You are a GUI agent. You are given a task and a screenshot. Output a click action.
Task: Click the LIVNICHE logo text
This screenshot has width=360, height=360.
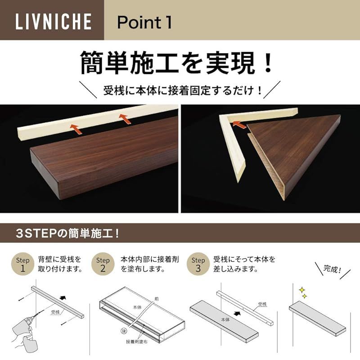tap(54, 21)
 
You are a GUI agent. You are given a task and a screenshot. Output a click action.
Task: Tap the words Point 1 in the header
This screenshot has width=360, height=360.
tap(144, 22)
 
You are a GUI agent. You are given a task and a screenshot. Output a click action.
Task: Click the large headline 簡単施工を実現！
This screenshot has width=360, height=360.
tap(176, 63)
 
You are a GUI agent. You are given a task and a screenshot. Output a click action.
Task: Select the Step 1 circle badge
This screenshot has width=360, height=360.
tap(22, 264)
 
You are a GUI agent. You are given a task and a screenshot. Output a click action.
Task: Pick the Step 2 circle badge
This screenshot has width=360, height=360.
tap(103, 264)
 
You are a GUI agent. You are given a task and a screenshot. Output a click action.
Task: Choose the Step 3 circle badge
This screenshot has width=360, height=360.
tap(198, 264)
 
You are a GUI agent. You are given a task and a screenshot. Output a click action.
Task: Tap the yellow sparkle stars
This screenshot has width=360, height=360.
tap(303, 293)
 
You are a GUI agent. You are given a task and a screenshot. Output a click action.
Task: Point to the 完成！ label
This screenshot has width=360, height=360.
tap(332, 269)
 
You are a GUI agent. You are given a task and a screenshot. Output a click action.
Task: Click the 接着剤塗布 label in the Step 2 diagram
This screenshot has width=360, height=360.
tap(137, 342)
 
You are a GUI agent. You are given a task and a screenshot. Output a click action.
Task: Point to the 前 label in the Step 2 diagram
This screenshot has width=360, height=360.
tap(157, 299)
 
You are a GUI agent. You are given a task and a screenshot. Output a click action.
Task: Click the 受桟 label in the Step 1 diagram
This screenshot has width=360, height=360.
tap(55, 312)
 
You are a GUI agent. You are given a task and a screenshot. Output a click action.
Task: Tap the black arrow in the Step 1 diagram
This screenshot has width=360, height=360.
tap(63, 298)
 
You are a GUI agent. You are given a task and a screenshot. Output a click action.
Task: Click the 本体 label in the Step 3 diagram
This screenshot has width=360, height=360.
tap(225, 319)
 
